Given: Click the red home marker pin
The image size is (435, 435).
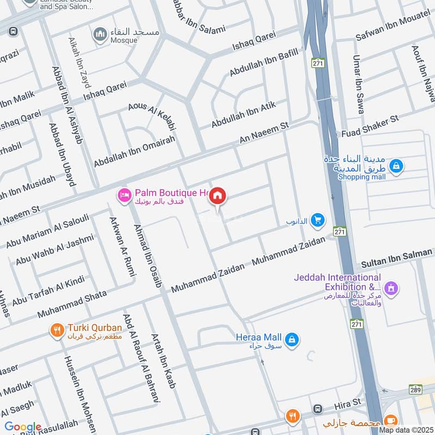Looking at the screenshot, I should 218,196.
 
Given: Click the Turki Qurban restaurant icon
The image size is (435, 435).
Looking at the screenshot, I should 57,330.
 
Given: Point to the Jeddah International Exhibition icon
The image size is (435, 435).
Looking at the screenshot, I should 389,287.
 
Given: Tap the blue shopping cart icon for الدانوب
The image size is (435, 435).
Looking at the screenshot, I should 319,220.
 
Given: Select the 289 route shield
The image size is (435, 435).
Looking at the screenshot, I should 414,390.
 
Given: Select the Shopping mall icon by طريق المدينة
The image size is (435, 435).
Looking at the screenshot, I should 396,164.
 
